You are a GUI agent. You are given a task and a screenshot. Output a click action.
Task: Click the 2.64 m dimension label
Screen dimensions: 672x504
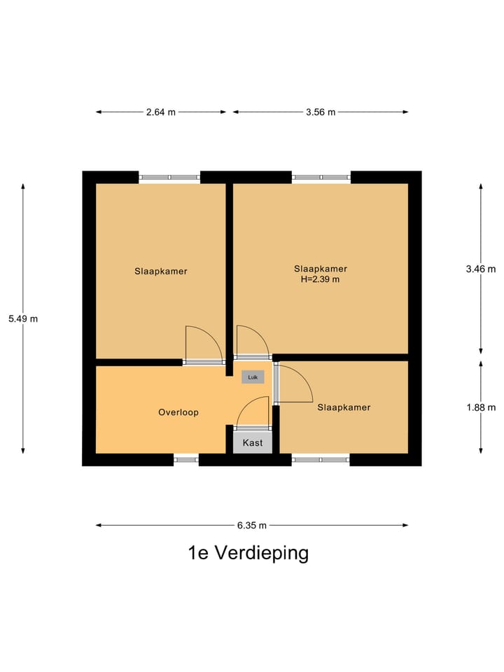160,112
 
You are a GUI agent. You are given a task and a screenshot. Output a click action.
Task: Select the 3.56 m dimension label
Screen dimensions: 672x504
321,112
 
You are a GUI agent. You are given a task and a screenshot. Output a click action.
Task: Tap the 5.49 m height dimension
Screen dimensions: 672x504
23,318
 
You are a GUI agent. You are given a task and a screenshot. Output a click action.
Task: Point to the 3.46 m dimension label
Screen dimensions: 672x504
481,269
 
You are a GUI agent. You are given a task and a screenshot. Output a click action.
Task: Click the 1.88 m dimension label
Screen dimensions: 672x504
481,407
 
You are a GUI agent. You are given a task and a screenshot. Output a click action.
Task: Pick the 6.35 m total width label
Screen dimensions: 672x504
251,525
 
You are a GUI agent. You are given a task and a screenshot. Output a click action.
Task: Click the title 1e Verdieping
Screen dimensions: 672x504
248,553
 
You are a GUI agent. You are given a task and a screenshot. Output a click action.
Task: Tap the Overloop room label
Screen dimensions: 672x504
178,412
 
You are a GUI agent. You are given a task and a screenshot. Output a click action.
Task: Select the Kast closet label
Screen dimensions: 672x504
253,443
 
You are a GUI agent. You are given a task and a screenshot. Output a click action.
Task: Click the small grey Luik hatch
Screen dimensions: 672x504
253,377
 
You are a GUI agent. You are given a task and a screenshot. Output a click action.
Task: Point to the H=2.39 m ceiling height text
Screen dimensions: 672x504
320,279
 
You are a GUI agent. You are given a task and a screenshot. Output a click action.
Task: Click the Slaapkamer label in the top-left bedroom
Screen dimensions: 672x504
161,271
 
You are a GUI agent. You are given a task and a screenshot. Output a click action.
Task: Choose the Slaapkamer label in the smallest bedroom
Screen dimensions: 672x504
344,407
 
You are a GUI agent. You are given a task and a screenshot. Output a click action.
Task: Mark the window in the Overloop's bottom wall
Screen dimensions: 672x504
186,460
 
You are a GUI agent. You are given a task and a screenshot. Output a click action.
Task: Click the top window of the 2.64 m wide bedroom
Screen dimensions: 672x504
169,177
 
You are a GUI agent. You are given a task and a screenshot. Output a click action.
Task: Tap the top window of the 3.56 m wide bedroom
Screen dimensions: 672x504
321,177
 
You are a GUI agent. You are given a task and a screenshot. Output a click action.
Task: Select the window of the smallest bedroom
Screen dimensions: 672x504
321,460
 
